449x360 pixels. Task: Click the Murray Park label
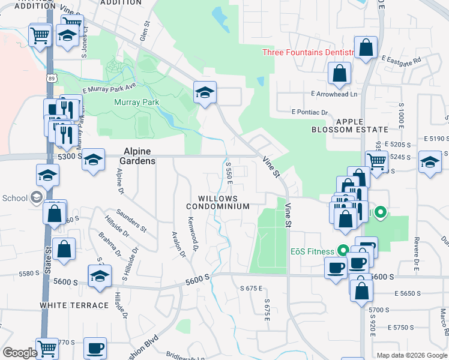(137, 102)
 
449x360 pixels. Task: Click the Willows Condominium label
(224, 202)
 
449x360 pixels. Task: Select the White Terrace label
(74, 305)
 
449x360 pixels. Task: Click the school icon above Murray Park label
(205, 93)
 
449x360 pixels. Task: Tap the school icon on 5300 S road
(93, 160)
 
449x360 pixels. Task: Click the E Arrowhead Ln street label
(334, 94)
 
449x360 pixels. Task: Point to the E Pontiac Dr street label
(310, 112)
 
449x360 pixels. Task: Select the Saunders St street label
(132, 220)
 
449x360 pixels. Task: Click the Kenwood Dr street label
(193, 233)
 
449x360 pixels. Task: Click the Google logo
(20, 353)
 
